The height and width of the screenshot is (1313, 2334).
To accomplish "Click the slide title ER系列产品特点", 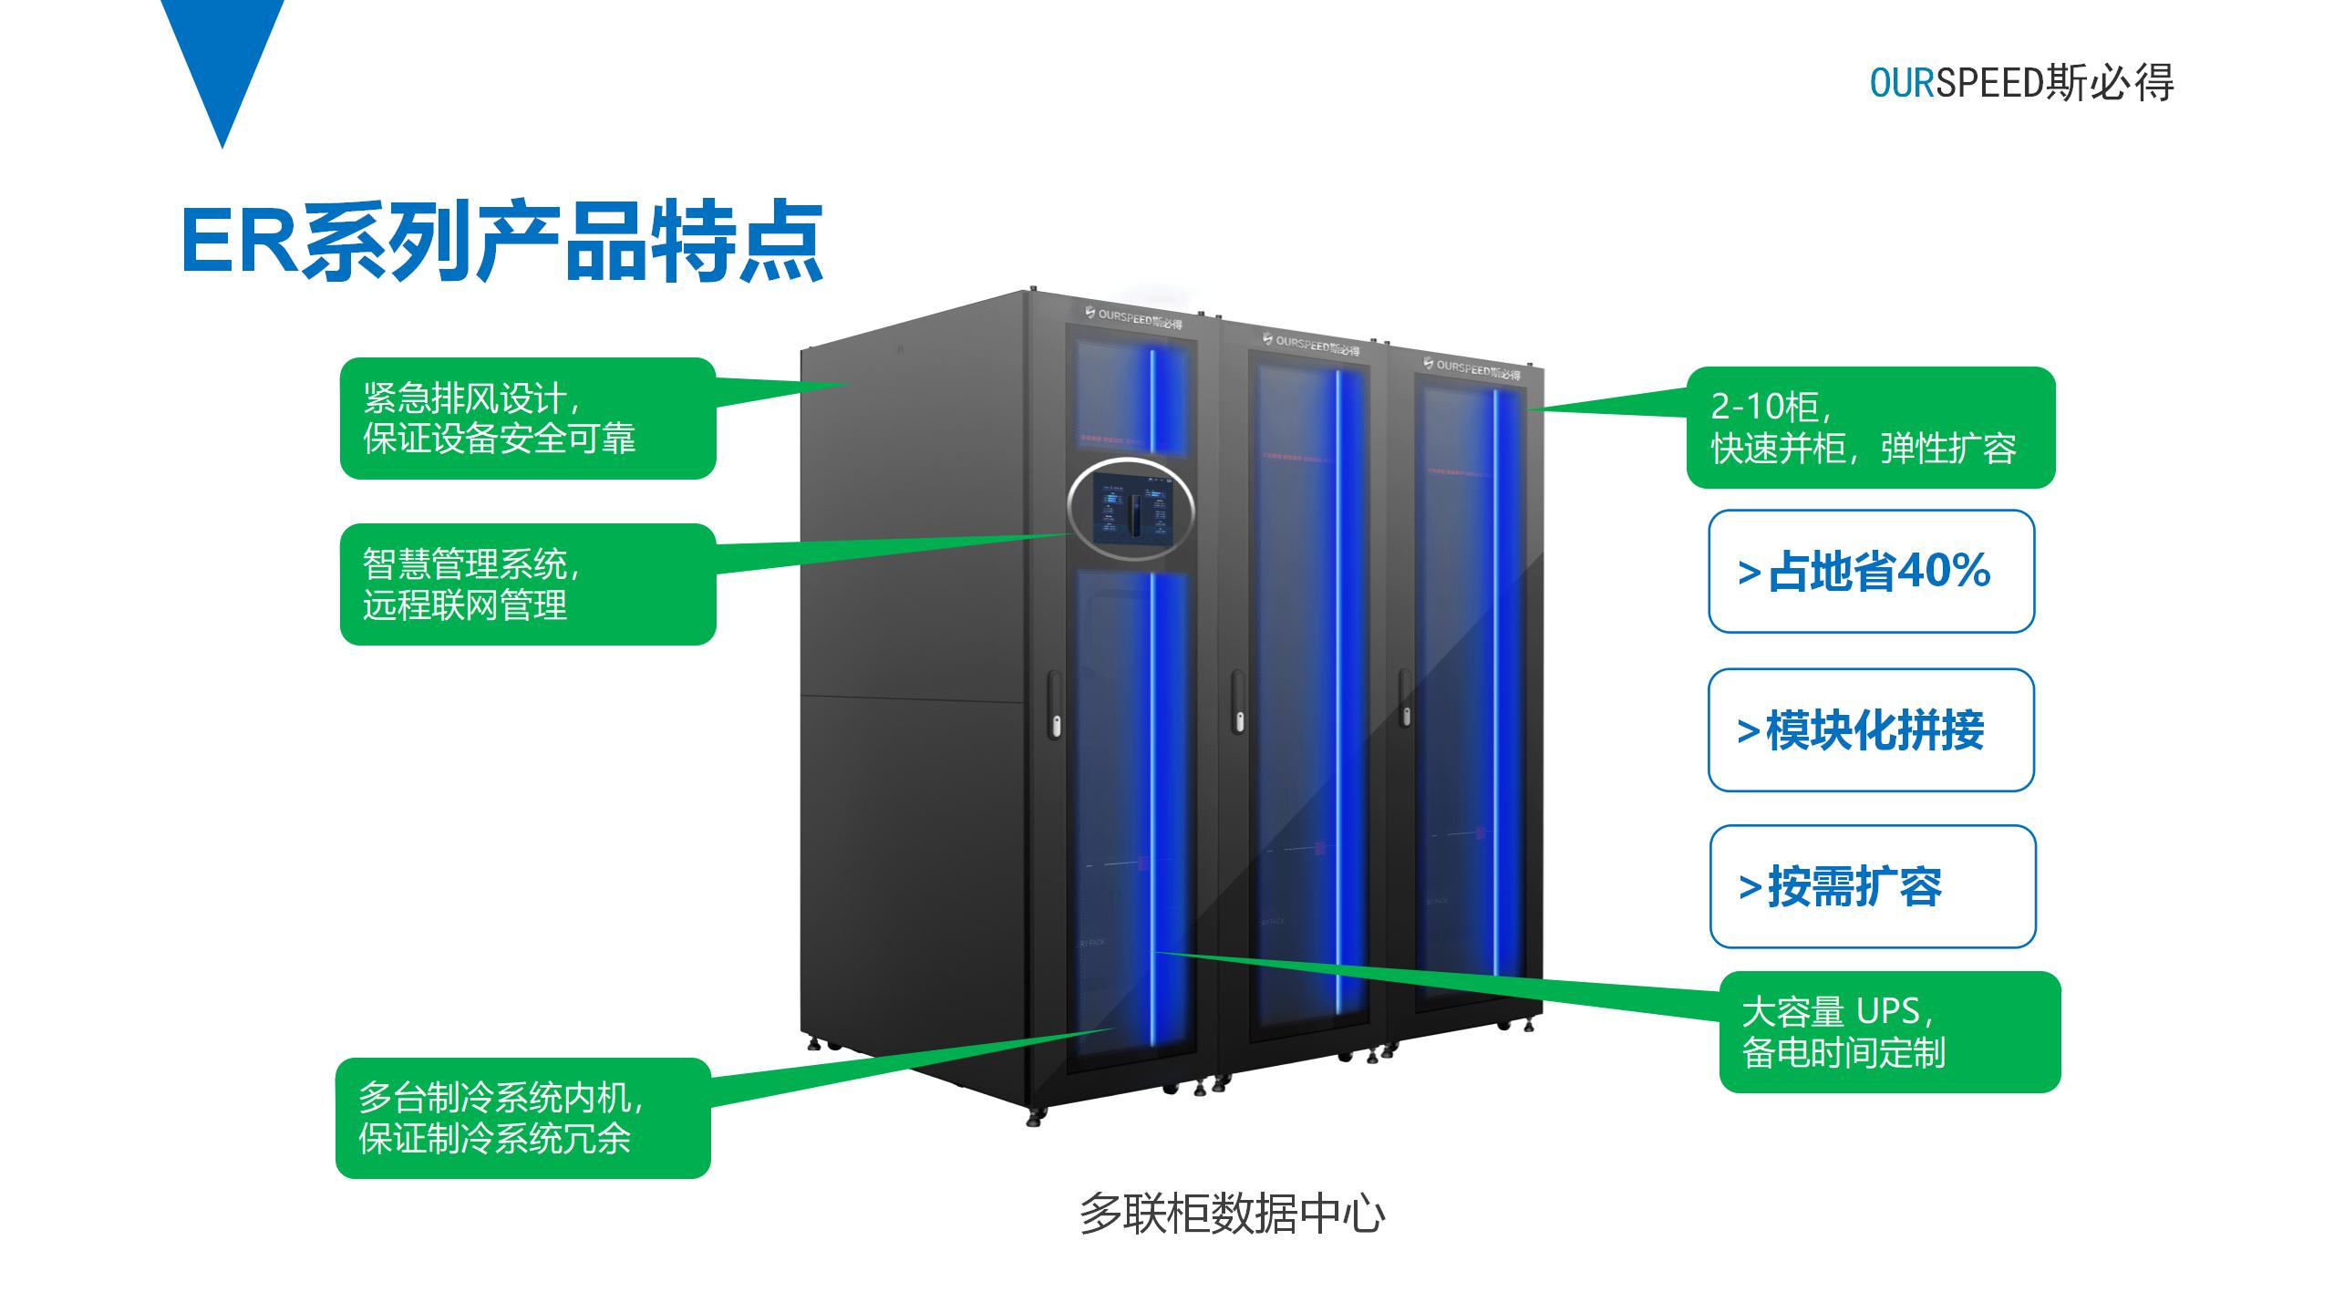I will point(501,241).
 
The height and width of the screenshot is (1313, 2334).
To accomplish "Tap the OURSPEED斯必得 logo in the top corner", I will point(2020,83).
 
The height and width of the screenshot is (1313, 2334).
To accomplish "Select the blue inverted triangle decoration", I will point(222,64).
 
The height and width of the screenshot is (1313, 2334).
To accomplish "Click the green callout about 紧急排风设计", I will point(527,419).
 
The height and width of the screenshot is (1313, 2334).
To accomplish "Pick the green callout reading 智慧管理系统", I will point(527,584).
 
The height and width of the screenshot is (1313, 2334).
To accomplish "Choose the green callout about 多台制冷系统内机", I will point(522,1118).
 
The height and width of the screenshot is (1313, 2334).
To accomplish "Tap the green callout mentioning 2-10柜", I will point(1870,428).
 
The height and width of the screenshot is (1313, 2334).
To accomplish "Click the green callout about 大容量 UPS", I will point(1889,1031).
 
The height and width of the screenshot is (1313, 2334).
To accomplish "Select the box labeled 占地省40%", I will point(1871,572).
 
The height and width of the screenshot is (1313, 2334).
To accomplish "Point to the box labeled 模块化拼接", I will point(1871,730).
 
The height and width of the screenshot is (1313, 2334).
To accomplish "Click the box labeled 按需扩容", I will point(1872,887).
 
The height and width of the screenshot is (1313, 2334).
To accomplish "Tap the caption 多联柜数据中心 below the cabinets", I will point(1232,1214).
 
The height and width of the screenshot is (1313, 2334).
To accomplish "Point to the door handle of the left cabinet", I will point(1055,704).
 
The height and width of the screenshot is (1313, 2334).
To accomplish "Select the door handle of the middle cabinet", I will point(1238,701).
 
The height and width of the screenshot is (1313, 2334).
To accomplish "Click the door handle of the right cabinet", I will point(1405,698).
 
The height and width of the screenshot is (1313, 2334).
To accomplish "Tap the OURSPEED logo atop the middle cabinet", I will point(1310,346).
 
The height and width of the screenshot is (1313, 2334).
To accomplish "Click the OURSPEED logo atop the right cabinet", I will point(1471,369).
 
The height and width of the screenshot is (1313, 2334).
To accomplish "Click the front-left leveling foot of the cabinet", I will point(1034,1118).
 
